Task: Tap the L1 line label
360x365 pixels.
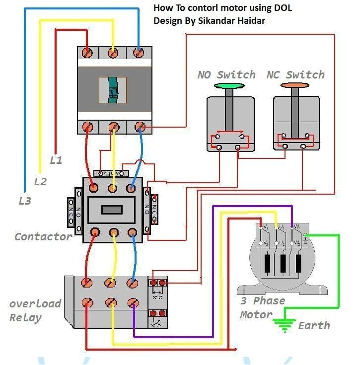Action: (56, 160)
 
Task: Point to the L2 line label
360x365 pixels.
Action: (40, 181)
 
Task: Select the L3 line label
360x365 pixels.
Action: (24, 201)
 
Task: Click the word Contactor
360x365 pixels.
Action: (43, 236)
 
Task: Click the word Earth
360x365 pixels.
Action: (314, 326)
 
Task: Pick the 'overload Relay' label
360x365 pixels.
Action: (35, 310)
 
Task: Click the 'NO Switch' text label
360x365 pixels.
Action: (226, 75)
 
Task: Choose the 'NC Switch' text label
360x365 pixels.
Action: (295, 75)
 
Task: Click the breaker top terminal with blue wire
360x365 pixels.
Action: (139, 52)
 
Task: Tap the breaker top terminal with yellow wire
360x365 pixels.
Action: (114, 52)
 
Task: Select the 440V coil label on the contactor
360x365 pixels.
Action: (114, 173)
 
